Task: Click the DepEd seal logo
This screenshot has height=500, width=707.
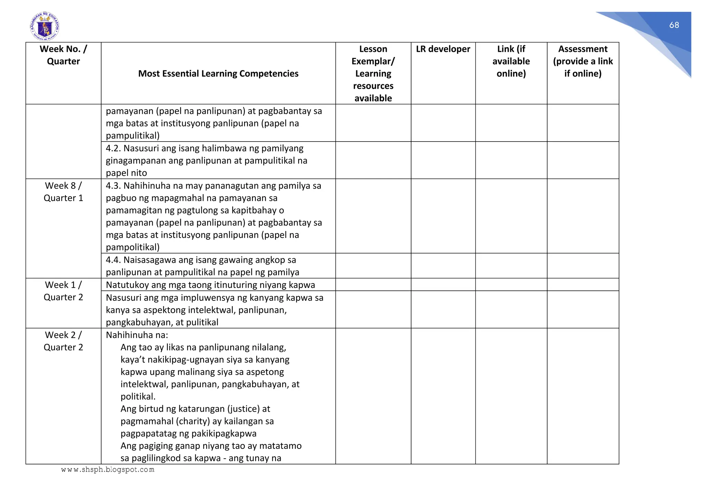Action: click(x=45, y=26)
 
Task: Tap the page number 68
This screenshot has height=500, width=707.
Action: click(x=674, y=25)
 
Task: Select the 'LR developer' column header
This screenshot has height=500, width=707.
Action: click(x=443, y=49)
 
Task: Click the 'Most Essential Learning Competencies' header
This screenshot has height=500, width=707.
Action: click(x=218, y=74)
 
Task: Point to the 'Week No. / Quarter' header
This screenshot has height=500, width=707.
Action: click(x=63, y=55)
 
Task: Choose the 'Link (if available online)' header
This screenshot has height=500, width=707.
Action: click(x=511, y=61)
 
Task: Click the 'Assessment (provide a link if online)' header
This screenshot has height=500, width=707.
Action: click(x=583, y=61)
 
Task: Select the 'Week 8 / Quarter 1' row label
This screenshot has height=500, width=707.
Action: click(x=63, y=192)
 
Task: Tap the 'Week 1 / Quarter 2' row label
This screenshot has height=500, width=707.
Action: click(x=63, y=291)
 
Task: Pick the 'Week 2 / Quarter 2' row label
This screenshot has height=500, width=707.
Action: click(x=63, y=341)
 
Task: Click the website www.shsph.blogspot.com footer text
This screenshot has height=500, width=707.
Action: click(x=108, y=470)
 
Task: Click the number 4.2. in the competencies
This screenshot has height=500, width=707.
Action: click(x=113, y=148)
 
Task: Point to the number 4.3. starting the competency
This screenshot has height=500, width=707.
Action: click(x=113, y=186)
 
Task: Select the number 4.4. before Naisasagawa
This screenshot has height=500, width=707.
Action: click(x=113, y=260)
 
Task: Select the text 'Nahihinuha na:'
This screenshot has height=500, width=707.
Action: click(x=137, y=335)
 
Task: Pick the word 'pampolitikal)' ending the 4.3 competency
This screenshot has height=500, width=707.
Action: click(x=133, y=247)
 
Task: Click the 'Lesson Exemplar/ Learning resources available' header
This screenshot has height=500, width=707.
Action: click(x=373, y=74)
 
